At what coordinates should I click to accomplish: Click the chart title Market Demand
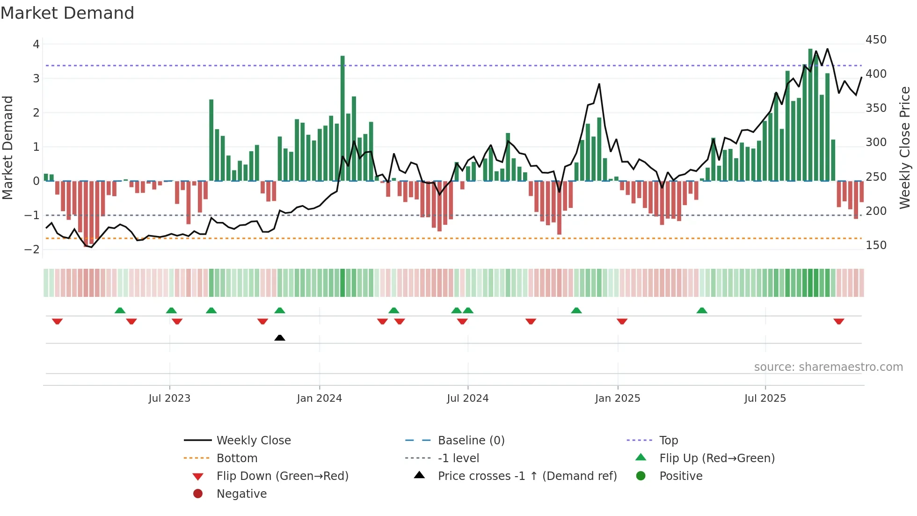click(67, 13)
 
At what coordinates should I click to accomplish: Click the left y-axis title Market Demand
click(8, 147)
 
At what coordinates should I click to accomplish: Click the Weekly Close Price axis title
click(905, 147)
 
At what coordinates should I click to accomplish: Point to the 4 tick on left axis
click(36, 44)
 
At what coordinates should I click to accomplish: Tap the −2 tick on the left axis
click(32, 250)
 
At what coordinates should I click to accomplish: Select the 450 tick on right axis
click(876, 40)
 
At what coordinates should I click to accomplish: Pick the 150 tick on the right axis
click(876, 245)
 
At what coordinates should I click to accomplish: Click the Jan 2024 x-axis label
click(319, 398)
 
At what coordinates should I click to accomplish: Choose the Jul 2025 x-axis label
click(765, 398)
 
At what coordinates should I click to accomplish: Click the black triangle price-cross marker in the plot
click(280, 338)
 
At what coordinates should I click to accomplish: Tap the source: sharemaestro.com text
click(828, 367)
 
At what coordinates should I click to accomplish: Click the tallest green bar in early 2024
click(342, 117)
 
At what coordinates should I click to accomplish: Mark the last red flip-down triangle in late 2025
click(838, 321)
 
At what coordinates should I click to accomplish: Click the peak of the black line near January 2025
click(599, 84)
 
